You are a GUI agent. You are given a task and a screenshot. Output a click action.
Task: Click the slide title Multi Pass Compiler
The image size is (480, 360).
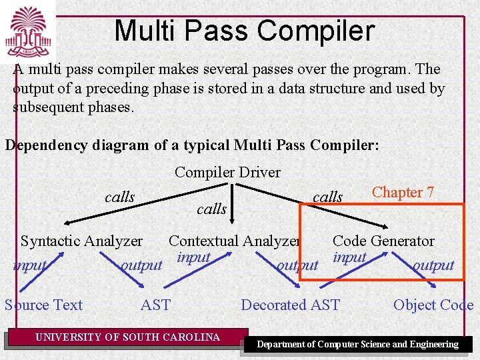click(244, 31)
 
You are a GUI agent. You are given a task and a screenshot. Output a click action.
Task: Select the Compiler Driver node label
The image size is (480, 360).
click(227, 172)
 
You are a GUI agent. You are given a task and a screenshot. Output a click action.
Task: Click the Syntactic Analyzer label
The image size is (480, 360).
click(81, 241)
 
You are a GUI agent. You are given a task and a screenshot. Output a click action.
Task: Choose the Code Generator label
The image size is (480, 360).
click(383, 241)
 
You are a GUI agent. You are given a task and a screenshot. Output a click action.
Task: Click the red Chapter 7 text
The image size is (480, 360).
click(403, 193)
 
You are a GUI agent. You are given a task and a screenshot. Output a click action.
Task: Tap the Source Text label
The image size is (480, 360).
click(44, 305)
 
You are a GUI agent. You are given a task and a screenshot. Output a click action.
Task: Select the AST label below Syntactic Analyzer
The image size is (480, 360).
click(155, 305)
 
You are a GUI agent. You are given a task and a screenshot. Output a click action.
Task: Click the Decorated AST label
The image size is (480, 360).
click(290, 305)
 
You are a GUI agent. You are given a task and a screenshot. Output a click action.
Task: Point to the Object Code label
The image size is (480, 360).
click(433, 305)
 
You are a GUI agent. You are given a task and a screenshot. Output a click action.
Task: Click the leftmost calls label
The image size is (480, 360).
click(119, 197)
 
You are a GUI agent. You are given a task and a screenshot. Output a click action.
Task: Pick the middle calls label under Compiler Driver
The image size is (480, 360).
click(211, 209)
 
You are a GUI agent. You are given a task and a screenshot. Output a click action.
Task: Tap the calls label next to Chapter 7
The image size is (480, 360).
click(327, 197)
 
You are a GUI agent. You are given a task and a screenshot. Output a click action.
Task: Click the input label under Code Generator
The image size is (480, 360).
click(349, 257)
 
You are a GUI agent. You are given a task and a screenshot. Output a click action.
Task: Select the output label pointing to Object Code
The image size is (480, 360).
click(433, 265)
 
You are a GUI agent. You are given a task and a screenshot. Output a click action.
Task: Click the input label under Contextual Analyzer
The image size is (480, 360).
click(193, 257)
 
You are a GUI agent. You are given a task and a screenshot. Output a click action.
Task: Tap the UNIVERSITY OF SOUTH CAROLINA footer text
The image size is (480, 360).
click(127, 337)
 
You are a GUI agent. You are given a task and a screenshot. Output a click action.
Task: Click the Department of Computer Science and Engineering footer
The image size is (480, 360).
click(358, 345)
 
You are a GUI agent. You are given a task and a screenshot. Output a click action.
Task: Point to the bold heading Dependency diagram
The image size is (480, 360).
click(191, 145)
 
